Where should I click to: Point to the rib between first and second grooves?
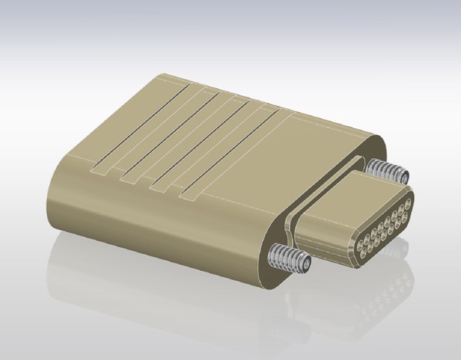click(x=154, y=132)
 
